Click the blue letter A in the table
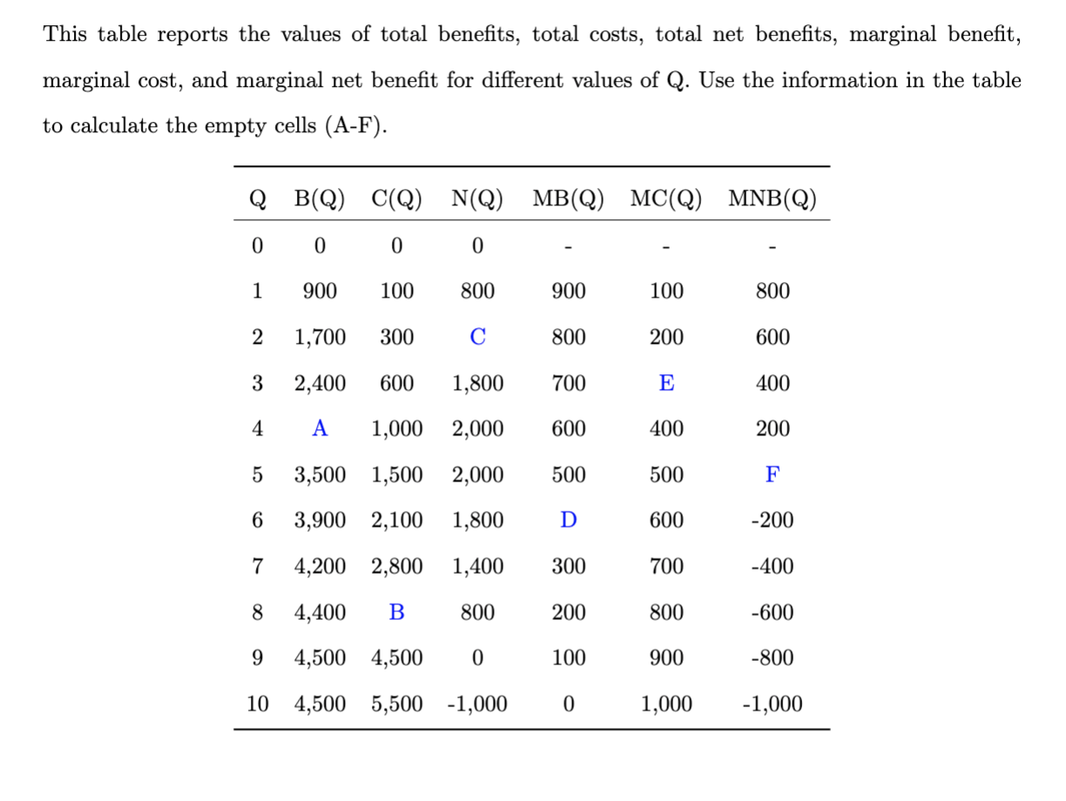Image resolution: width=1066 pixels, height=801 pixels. coord(320,428)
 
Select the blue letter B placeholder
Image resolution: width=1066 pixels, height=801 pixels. coord(396,612)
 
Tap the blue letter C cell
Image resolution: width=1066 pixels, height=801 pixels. coord(477,337)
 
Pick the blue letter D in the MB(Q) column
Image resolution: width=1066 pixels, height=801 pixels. coord(568,521)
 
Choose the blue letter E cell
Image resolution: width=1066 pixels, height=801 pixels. coord(666,383)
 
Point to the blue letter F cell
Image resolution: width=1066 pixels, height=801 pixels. coord(772,475)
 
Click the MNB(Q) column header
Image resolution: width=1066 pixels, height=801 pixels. coord(773,199)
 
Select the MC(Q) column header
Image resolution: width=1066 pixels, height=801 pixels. coord(666,199)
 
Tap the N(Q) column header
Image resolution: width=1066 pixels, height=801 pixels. coord(477,199)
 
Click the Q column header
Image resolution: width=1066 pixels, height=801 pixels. coord(257,199)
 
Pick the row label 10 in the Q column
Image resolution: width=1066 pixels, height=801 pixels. coord(257,703)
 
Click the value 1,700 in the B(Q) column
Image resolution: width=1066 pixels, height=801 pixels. coord(320,337)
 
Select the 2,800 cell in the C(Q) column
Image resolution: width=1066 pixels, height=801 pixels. coord(396,567)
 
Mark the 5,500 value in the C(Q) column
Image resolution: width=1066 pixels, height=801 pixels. coord(396,703)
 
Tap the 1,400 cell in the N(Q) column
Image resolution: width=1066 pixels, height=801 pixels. coord(477,567)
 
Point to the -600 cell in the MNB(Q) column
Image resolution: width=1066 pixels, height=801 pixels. coord(772,612)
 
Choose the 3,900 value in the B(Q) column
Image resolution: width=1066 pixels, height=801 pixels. coord(320,521)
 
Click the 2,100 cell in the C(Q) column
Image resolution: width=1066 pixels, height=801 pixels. coord(396,521)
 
